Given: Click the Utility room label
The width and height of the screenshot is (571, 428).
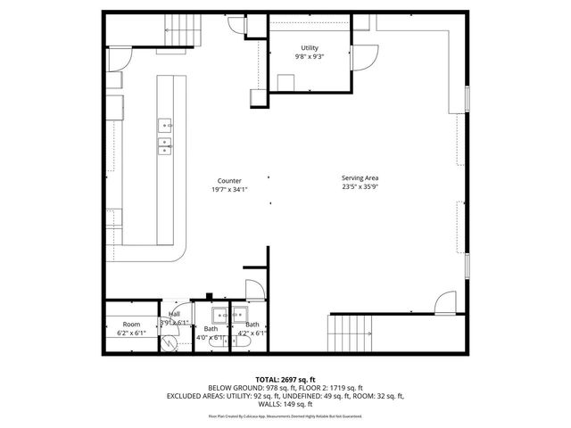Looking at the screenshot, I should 310,48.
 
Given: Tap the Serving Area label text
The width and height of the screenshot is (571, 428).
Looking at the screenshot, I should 360,178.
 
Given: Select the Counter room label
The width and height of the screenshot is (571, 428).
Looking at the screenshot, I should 229,180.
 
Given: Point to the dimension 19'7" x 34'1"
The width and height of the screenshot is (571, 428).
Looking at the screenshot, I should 229,189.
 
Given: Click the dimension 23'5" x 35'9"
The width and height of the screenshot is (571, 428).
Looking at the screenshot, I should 360,187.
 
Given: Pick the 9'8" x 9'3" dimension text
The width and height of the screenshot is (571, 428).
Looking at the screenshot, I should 310,57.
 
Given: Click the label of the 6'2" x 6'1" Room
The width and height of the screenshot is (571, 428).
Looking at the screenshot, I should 132,324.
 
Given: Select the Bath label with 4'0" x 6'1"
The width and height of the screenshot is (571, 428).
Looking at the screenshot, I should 211,329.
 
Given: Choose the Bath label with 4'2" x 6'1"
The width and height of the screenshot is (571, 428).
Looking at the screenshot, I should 253,325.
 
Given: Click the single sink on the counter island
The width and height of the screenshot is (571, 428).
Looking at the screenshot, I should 167,126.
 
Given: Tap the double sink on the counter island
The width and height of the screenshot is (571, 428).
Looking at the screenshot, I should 167,146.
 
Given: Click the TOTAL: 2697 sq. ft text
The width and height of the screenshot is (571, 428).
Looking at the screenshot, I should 285,379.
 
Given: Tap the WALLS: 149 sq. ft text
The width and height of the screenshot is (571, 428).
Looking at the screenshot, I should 285,403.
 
